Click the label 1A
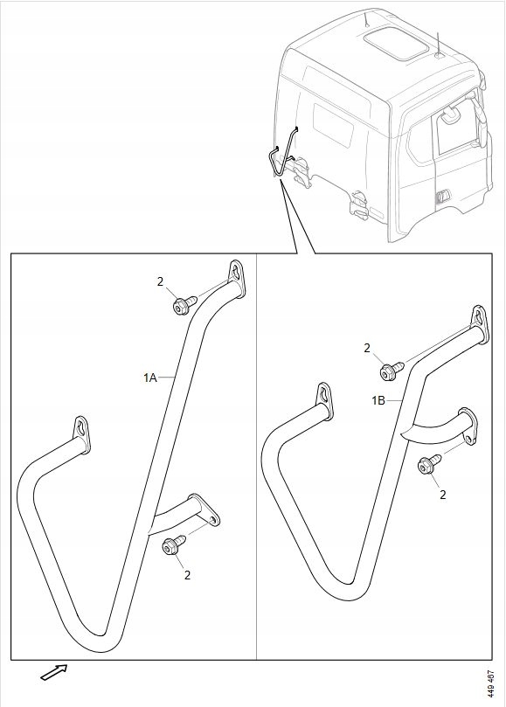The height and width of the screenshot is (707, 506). click(150, 378)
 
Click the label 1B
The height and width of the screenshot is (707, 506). click(378, 400)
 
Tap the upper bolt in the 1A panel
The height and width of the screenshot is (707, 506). click(184, 305)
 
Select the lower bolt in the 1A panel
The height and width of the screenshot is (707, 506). click(174, 544)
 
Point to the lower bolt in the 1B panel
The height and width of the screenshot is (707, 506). click(429, 464)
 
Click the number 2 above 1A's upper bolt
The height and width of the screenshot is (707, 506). click(160, 281)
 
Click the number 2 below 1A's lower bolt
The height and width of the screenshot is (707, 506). click(187, 575)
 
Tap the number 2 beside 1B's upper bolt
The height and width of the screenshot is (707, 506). click(367, 348)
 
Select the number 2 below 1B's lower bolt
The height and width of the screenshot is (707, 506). click(442, 495)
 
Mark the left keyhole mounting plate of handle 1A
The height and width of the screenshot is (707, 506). click(81, 433)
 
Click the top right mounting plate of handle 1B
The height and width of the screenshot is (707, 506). click(481, 324)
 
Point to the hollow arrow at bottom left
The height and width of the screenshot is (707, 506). click(54, 672)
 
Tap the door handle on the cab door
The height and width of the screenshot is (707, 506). click(443, 196)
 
